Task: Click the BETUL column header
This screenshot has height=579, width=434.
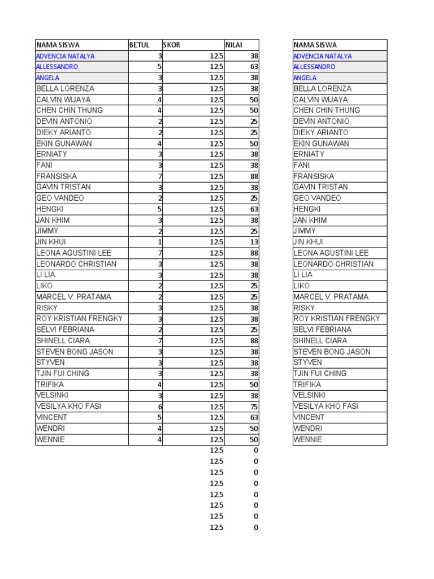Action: pyautogui.click(x=138, y=45)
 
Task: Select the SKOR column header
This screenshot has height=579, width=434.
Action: pyautogui.click(x=172, y=45)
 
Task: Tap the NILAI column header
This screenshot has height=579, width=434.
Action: pyautogui.click(x=234, y=45)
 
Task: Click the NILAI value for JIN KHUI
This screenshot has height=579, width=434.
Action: pyautogui.click(x=254, y=242)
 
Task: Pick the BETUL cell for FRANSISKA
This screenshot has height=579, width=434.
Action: pyautogui.click(x=160, y=176)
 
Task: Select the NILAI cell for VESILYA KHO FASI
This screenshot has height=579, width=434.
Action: pyautogui.click(x=254, y=407)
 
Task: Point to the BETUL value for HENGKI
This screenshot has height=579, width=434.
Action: pyautogui.click(x=160, y=209)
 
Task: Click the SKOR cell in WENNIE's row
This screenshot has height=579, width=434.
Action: pyautogui.click(x=216, y=439)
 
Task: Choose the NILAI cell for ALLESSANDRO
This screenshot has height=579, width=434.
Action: pyautogui.click(x=254, y=67)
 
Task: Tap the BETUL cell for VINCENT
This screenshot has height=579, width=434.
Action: pyautogui.click(x=160, y=417)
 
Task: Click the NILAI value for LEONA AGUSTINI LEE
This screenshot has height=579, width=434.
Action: pyautogui.click(x=254, y=253)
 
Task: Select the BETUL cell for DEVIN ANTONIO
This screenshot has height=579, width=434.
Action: pyautogui.click(x=160, y=122)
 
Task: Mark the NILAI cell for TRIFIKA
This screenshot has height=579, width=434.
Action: pyautogui.click(x=254, y=384)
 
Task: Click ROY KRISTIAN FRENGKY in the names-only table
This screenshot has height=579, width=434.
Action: pyautogui.click(x=337, y=318)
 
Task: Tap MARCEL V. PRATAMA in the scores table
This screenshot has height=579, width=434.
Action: pyautogui.click(x=74, y=297)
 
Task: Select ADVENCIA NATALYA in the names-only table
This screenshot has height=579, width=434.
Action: pyautogui.click(x=323, y=56)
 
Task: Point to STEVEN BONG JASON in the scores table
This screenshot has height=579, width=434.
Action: pyautogui.click(x=75, y=352)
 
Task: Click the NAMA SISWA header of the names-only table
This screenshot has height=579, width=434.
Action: pyautogui.click(x=315, y=45)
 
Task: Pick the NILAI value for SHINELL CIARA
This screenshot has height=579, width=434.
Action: pyautogui.click(x=254, y=341)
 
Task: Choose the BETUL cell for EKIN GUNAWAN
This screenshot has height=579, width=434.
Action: pyautogui.click(x=160, y=144)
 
